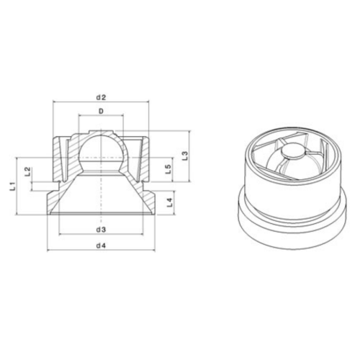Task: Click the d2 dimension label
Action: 101,96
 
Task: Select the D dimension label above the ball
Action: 101,112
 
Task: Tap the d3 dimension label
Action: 101,229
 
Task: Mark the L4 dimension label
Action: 168,202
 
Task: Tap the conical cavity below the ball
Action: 101,198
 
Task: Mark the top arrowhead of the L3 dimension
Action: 189,133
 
